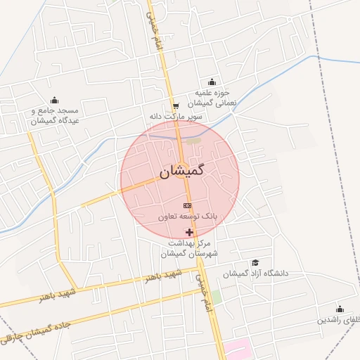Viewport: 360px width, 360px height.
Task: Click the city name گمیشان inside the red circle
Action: tap(181, 171)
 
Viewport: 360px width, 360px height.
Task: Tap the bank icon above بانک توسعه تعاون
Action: tap(186, 205)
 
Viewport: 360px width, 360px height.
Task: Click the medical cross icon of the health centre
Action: tap(188, 232)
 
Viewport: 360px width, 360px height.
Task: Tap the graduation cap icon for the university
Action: tap(245, 263)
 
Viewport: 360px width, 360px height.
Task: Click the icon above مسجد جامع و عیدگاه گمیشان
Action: tap(55, 99)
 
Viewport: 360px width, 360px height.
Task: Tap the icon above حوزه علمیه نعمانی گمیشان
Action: tap(212, 82)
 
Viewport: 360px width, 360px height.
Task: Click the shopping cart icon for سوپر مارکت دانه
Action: tap(175, 105)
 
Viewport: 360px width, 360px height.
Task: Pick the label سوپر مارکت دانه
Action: tap(175, 115)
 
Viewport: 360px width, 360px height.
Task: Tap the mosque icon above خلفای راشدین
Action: tap(340, 309)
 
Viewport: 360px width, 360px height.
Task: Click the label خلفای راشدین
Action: tap(338, 320)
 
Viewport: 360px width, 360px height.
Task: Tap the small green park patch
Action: tap(217, 297)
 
